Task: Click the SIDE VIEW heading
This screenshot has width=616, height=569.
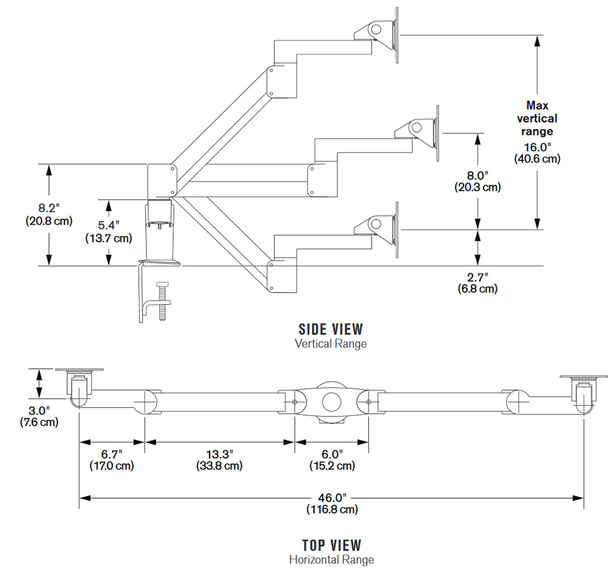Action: point(330,329)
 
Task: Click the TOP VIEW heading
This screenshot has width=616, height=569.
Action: point(331,545)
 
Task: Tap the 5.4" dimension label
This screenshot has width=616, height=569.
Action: point(109,226)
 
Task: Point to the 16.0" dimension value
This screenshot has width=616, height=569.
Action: point(537,146)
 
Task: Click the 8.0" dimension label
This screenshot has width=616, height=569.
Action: point(478,174)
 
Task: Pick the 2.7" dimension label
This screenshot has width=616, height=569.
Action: point(478,276)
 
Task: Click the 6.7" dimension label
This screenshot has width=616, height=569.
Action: point(112,454)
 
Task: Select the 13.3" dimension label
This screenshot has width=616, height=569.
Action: point(219,454)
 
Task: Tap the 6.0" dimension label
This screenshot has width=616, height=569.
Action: point(332,454)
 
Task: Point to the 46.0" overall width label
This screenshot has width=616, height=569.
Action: point(332,497)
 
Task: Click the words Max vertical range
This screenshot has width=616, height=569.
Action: point(537,118)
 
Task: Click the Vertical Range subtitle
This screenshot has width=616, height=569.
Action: point(330,344)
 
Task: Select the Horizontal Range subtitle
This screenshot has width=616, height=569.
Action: point(331,560)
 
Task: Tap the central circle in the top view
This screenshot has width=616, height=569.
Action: point(331,402)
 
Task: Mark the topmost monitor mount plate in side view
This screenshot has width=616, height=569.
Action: point(397,35)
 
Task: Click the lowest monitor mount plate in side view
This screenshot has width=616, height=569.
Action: point(397,230)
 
